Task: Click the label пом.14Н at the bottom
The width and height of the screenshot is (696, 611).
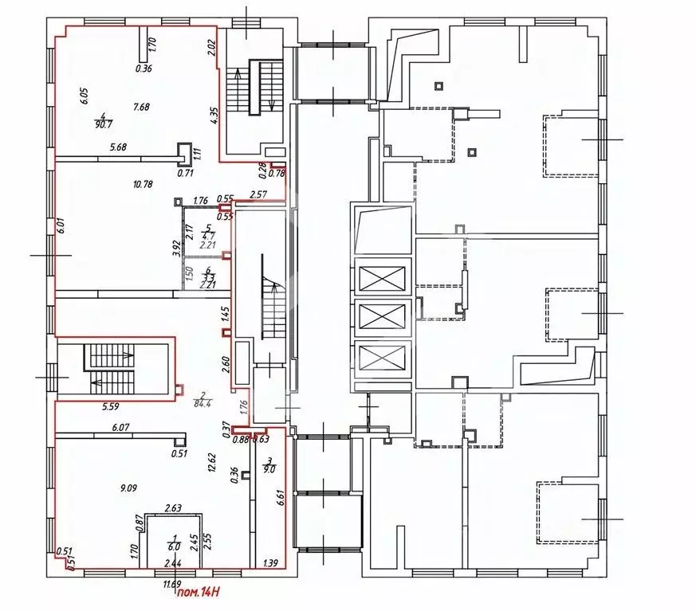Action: [199, 591]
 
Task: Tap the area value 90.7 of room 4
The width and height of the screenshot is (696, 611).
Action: [103, 124]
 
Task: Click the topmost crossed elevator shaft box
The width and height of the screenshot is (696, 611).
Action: [383, 280]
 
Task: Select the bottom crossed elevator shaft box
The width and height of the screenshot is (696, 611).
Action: [383, 358]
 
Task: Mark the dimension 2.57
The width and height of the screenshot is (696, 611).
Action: [258, 194]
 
